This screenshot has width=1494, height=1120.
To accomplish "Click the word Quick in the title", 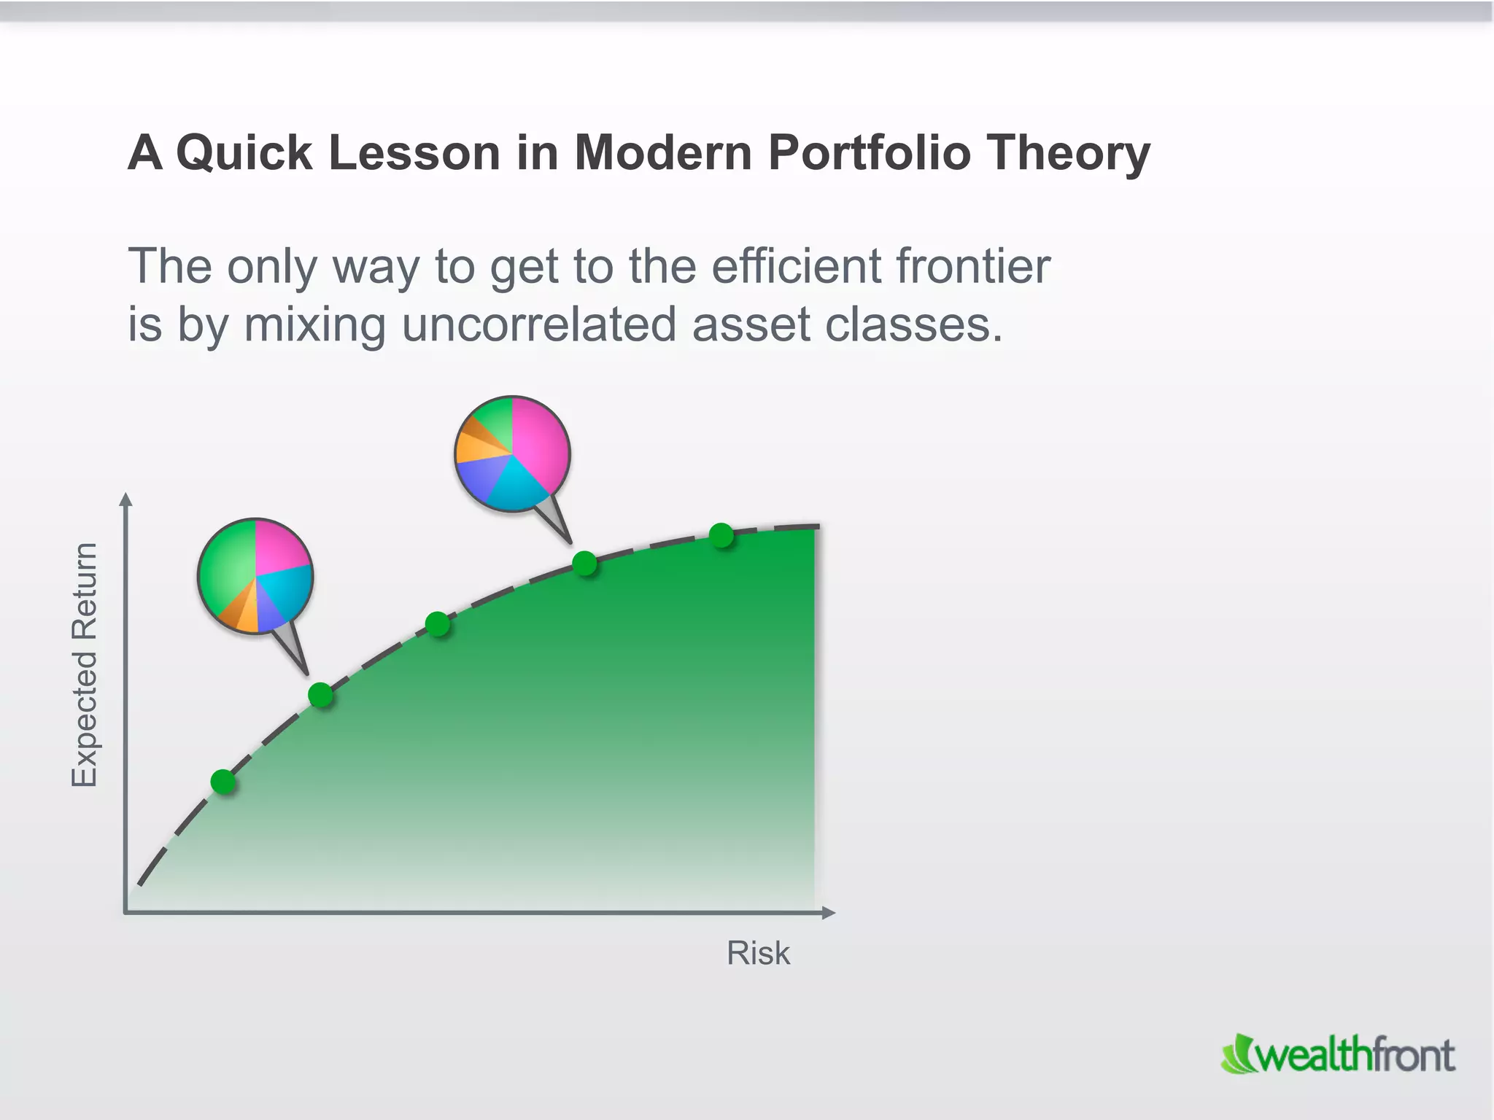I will (244, 154).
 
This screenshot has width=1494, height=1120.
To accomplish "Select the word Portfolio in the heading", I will (869, 154).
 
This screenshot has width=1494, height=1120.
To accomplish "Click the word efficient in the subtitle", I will (796, 266).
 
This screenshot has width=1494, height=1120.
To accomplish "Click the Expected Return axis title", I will (85, 664).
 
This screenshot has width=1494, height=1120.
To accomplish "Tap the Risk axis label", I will (758, 953).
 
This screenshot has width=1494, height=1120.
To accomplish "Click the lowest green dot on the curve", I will (223, 781).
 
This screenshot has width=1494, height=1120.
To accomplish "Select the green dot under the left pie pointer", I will (320, 695).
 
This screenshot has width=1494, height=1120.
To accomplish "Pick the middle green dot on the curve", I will (437, 624).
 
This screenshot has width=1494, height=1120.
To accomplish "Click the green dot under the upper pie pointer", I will (584, 563).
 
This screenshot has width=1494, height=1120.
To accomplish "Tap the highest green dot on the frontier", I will (721, 535).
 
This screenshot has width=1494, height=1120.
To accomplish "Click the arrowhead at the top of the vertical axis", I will (126, 499).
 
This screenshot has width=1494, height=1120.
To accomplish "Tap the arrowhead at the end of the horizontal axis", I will (828, 912).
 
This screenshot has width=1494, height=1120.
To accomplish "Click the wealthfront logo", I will (1338, 1054).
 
